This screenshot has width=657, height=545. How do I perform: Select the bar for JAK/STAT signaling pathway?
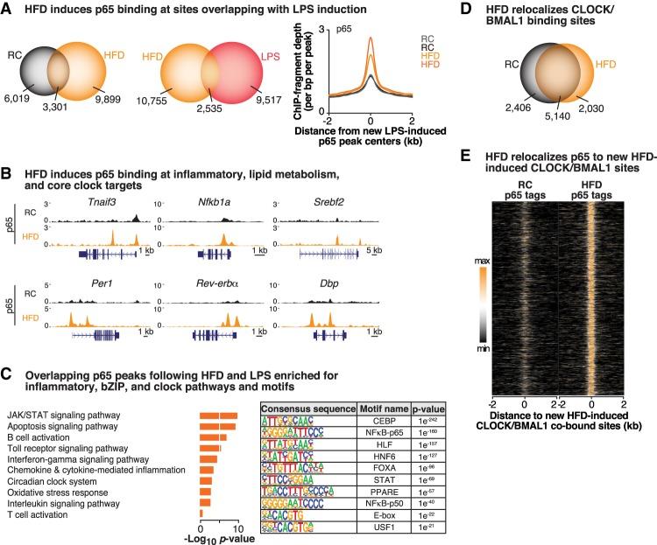pyautogui.click(x=218, y=391)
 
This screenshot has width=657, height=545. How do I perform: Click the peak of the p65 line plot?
pyautogui.click(x=371, y=39)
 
